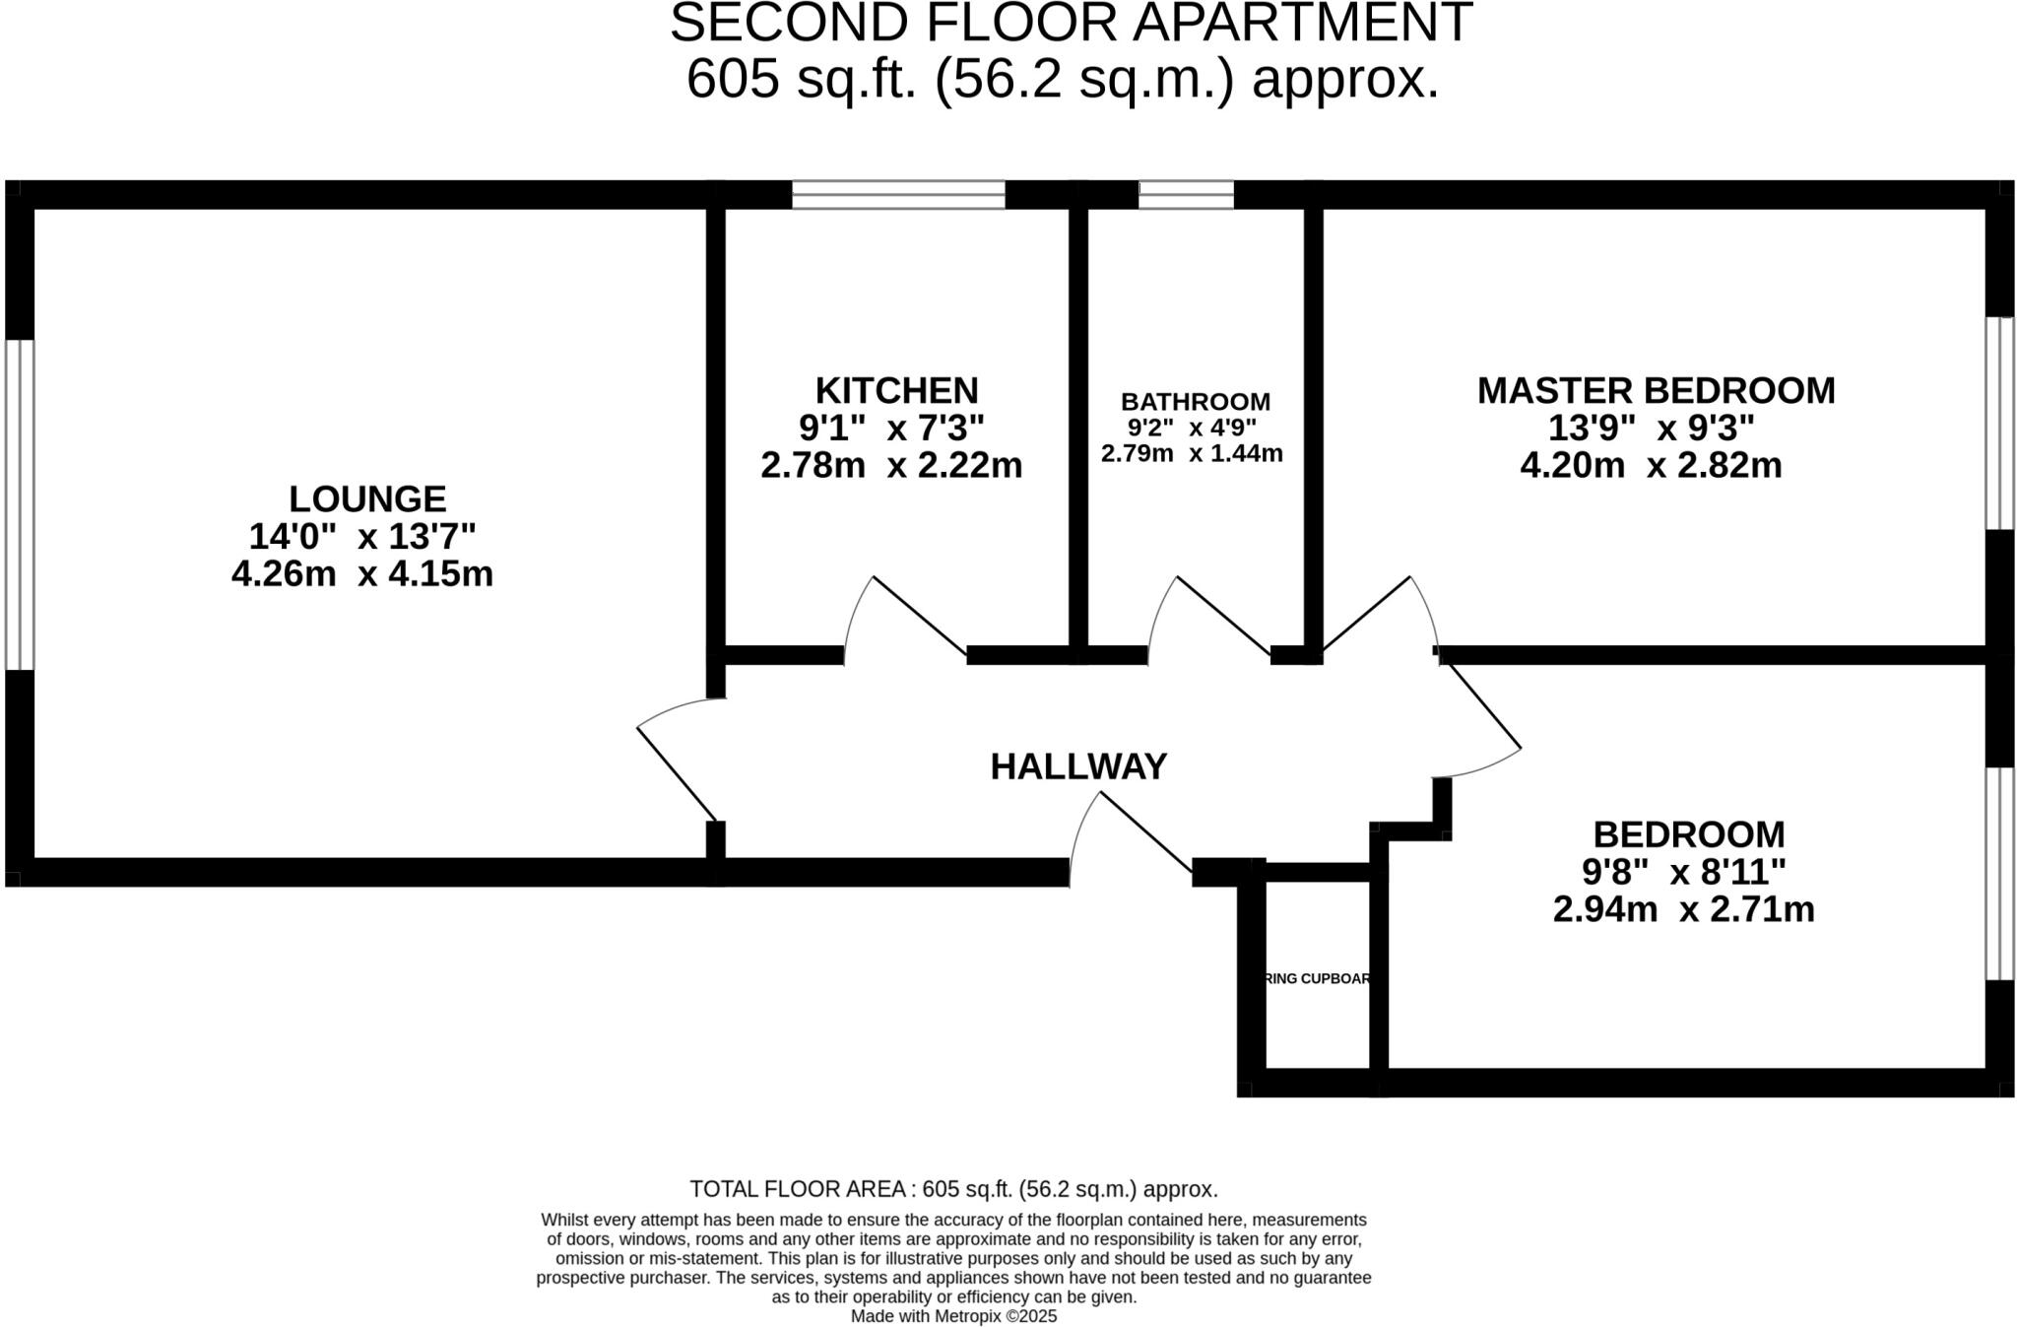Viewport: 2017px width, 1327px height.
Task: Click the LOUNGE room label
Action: pos(366,498)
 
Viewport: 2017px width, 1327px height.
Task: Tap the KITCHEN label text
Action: pos(896,391)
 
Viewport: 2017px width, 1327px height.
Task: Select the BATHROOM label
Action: pos(1195,402)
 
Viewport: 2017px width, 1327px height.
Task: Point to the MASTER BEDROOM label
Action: pos(1656,391)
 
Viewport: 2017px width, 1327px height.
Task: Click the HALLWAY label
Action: pos(1078,766)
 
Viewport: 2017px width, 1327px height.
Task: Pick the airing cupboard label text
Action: pos(1317,979)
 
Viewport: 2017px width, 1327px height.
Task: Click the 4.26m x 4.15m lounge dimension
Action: pos(361,573)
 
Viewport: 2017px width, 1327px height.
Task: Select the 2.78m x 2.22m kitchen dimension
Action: pos(891,465)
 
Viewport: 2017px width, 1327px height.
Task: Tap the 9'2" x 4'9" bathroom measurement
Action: pos(1192,428)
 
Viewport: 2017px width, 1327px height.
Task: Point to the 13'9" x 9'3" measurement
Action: pos(1651,429)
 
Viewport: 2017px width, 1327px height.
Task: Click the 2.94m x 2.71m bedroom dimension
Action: pos(1683,909)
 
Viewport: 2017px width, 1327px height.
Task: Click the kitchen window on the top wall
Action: pos(898,194)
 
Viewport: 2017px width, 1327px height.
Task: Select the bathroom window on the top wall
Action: pos(1186,194)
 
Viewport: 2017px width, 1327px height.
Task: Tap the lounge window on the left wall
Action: pos(20,504)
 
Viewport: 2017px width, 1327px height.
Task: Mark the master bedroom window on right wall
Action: pos(1999,424)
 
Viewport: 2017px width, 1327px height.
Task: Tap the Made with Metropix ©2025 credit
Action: pos(953,1316)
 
